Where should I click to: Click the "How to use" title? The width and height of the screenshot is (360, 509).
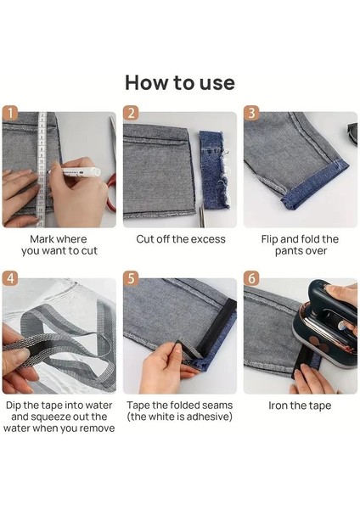[180, 83]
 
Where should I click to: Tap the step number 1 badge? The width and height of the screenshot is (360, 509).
[9, 114]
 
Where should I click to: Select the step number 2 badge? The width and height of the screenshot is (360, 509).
[131, 114]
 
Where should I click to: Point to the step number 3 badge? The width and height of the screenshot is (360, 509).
[251, 114]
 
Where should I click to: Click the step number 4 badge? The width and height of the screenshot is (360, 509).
[9, 278]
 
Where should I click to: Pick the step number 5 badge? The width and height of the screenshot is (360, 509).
[131, 278]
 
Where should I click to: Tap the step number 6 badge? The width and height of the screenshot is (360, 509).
[251, 278]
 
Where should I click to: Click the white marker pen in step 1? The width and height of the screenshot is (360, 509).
[75, 171]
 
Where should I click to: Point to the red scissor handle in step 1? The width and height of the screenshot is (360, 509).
[112, 193]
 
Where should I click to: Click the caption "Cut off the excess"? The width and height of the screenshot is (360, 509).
[180, 239]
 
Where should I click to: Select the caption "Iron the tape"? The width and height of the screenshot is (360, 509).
[300, 406]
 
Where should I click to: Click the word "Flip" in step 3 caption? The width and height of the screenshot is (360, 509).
[269, 239]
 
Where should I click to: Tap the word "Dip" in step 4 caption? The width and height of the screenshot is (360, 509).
[14, 406]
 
